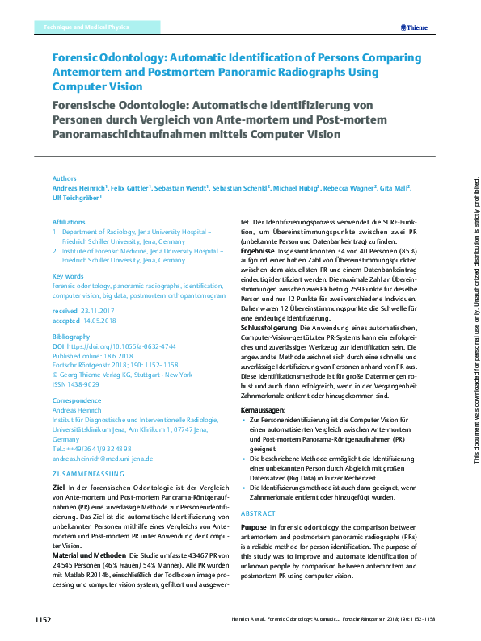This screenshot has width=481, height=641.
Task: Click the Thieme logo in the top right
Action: click(415, 27)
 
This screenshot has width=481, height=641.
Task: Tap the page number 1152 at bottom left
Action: click(43, 620)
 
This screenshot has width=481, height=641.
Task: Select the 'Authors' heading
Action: click(64, 178)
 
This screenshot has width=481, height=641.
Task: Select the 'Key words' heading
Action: click(68, 275)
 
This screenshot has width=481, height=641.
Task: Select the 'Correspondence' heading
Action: click(76, 400)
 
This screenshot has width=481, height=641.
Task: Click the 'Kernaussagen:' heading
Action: click(264, 411)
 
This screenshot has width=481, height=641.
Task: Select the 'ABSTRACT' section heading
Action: click(259, 513)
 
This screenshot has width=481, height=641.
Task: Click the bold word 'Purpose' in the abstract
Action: click(256, 526)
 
